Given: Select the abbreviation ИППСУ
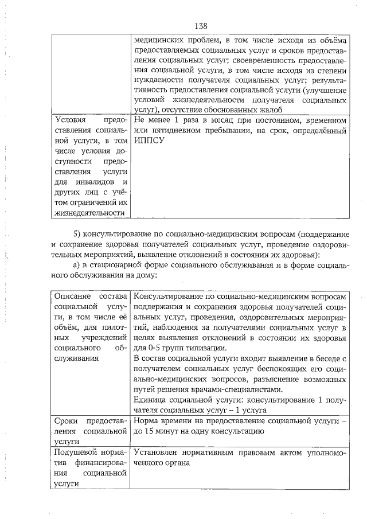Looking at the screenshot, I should [x=147, y=141].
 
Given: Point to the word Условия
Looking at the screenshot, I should [x=73, y=121].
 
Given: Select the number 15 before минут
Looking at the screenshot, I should [x=150, y=431].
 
